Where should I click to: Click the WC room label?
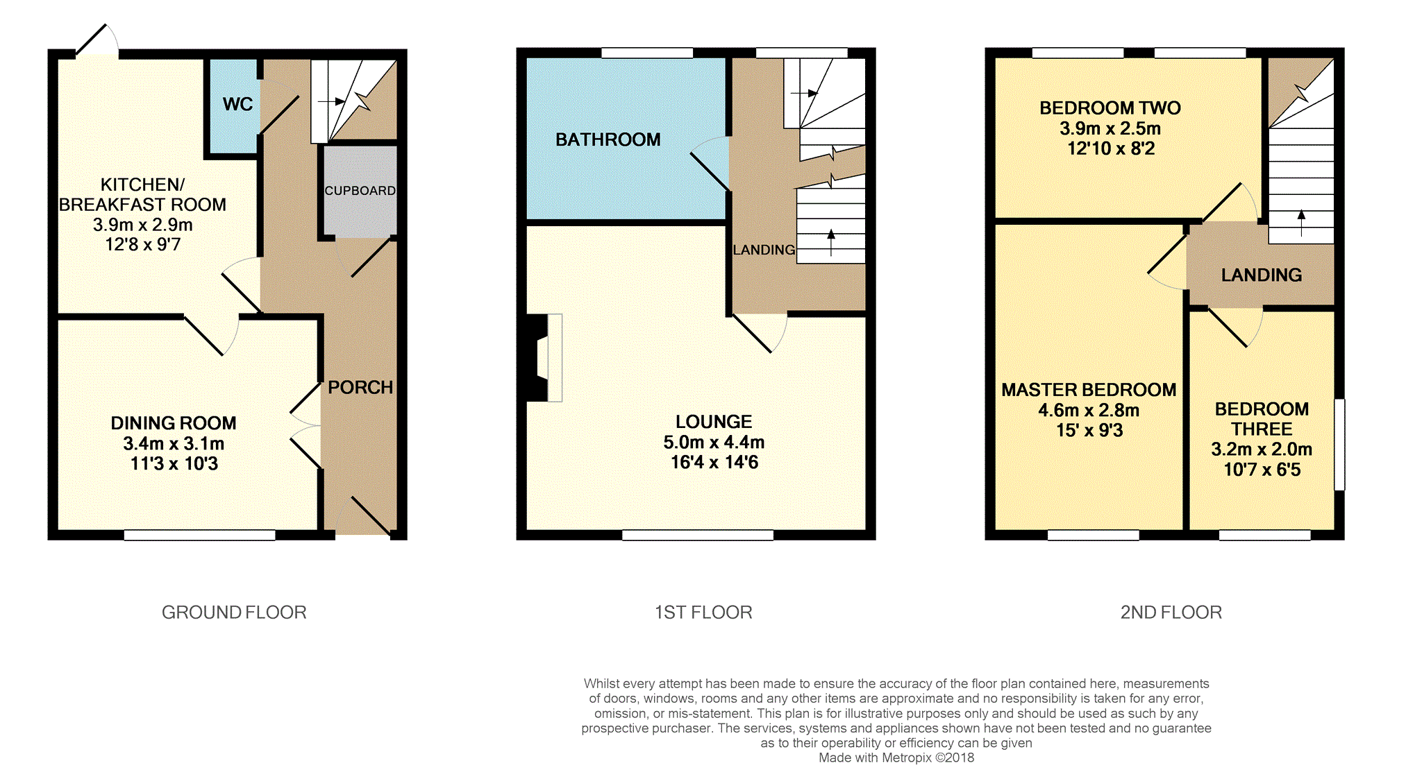point(237,104)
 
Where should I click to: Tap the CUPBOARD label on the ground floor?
point(360,191)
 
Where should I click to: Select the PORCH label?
point(360,387)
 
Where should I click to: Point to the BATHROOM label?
point(608,139)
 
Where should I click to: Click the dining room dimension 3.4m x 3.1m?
point(174,443)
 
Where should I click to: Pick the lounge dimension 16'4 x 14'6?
point(714,462)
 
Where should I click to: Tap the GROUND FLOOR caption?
point(234,613)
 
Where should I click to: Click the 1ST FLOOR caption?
point(703,613)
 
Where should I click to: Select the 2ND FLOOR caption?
point(1171,613)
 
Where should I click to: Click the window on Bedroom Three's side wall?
point(1339,445)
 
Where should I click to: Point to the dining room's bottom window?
point(200,535)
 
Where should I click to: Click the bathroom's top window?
point(647,53)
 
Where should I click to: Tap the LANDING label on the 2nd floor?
point(1262,275)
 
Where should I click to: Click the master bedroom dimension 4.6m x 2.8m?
point(1089,410)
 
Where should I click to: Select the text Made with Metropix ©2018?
point(896,758)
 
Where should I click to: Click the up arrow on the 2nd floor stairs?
point(1301,223)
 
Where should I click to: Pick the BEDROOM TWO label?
point(1110,108)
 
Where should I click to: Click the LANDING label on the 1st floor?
point(764,250)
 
